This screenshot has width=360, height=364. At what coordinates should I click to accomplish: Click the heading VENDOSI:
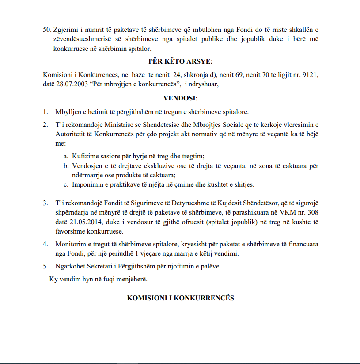click(180, 98)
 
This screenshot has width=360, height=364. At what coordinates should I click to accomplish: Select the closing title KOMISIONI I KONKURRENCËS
click(180, 298)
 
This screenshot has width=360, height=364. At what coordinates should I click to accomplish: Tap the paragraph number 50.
click(47, 30)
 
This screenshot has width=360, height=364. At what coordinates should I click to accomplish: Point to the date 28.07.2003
click(67, 84)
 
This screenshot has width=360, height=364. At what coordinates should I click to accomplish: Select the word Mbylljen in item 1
click(68, 111)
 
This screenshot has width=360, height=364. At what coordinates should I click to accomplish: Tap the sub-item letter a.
click(66, 157)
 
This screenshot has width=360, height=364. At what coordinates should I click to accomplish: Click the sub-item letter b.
click(66, 166)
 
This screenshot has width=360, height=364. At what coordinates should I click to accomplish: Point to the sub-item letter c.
click(66, 184)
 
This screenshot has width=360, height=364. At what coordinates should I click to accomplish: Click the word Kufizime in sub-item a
click(84, 157)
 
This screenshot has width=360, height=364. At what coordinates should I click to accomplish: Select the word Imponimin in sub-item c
click(87, 184)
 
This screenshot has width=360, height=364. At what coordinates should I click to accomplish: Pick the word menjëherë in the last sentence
click(132, 280)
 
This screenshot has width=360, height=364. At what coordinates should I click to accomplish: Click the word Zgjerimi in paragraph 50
click(65, 30)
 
